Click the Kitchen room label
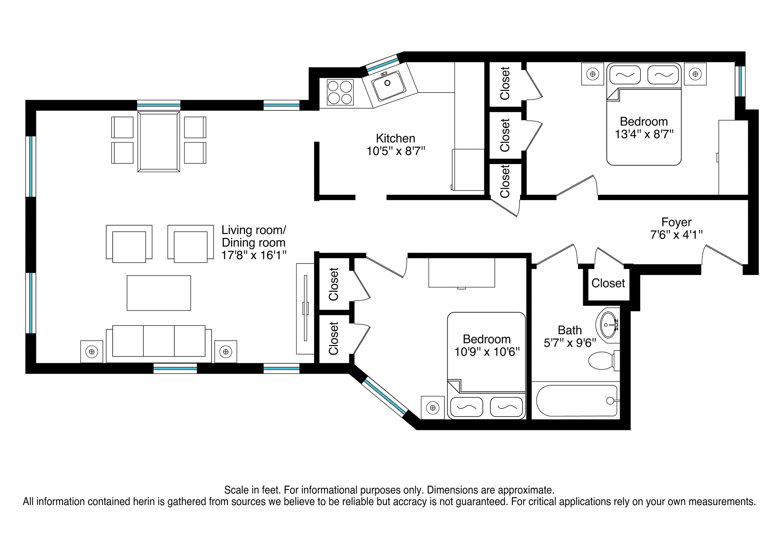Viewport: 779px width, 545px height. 395,139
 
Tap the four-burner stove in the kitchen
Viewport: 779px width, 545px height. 340,92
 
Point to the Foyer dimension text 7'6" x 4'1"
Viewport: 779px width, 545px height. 676,235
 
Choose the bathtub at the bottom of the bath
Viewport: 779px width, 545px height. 577,400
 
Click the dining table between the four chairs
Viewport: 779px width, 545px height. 159,142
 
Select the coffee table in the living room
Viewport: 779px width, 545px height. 159,293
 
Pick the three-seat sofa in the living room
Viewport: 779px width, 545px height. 159,343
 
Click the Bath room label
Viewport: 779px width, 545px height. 570,330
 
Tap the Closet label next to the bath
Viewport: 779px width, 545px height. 608,283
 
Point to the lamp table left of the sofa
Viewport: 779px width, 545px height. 92,352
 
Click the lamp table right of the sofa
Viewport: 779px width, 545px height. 226,352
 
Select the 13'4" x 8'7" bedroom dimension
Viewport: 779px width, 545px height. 644,134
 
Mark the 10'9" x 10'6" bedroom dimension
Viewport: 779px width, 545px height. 487,352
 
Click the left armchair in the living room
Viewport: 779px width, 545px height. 129,244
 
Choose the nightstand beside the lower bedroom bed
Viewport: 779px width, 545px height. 432,408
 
